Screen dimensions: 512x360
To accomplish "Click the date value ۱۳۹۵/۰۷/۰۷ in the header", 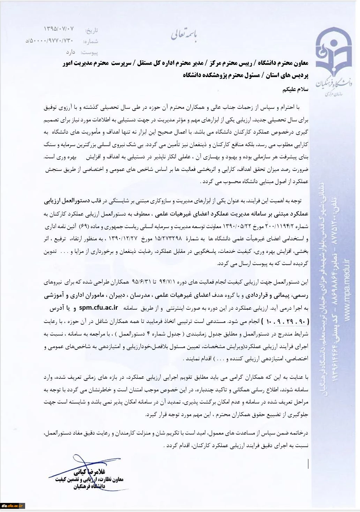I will point(59,28).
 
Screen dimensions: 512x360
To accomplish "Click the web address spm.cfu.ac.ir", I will point(99,308).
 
